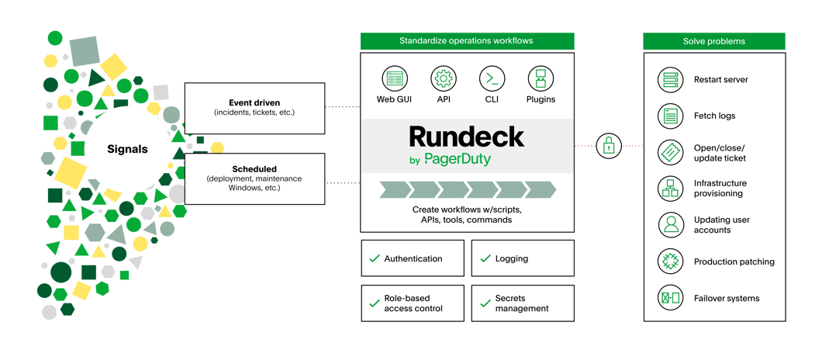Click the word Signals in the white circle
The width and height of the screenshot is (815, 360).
tap(127, 149)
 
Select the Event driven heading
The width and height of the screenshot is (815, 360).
tap(254, 102)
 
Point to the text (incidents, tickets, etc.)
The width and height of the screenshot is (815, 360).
tap(254, 113)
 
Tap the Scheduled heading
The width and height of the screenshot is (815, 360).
tap(254, 169)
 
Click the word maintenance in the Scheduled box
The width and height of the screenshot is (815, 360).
tap(275, 179)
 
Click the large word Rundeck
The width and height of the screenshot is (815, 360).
tap(466, 137)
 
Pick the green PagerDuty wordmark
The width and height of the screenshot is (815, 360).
tap(462, 160)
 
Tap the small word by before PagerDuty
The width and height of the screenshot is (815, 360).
tap(415, 161)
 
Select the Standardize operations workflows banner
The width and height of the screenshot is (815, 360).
tap(466, 41)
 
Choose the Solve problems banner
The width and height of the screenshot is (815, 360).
tap(713, 41)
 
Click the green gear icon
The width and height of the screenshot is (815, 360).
tap(444, 78)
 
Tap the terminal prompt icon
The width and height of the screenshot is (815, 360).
tap(492, 78)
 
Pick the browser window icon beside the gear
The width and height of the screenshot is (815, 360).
tap(395, 78)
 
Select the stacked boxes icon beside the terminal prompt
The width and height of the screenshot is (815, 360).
tap(541, 78)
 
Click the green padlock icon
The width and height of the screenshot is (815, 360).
tap(609, 144)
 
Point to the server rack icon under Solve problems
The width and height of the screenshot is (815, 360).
tap(671, 80)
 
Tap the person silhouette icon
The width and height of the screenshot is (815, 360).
tap(671, 224)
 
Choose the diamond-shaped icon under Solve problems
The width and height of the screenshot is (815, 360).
tap(671, 152)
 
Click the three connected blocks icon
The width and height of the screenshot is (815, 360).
tap(671, 189)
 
